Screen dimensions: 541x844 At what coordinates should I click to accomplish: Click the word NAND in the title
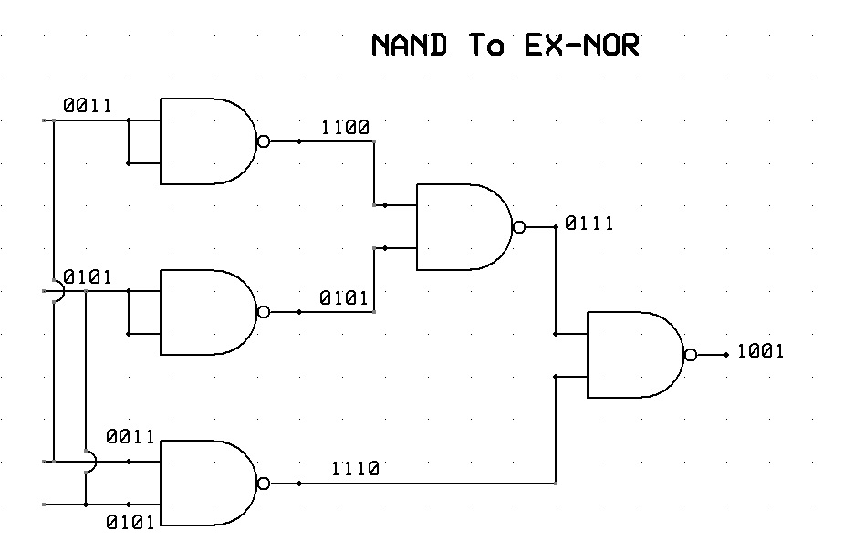point(409,45)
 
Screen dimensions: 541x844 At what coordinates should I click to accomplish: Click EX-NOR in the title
point(581,45)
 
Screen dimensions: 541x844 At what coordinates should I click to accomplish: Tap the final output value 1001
point(760,352)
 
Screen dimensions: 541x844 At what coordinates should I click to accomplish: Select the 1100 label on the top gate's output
point(345,128)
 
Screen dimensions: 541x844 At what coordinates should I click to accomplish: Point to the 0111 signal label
point(589,223)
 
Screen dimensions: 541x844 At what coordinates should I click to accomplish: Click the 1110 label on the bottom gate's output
point(355,469)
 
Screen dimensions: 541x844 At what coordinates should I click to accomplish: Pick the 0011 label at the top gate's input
point(88,106)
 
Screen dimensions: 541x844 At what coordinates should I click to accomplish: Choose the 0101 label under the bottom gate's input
point(130,523)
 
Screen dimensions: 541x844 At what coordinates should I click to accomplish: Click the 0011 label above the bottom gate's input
point(130,437)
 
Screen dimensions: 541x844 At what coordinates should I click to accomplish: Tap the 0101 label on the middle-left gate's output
point(344,297)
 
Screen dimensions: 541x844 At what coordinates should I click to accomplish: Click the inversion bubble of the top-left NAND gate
point(264,141)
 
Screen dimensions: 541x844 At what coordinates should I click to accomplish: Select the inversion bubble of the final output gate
point(691,354)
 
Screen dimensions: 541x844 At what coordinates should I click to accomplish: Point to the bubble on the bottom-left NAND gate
point(264,484)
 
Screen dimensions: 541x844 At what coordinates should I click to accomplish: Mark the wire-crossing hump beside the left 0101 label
point(58,292)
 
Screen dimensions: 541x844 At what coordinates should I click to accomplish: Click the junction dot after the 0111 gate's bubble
point(556,226)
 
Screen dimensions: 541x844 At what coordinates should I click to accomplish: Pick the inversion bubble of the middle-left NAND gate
point(264,312)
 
